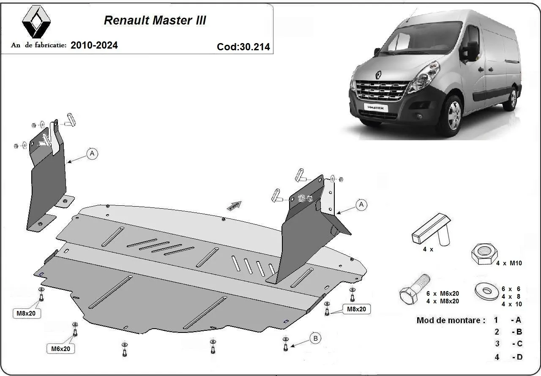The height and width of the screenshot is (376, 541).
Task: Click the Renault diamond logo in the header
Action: point(36,22)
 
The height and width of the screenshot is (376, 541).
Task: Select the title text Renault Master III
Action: point(155,20)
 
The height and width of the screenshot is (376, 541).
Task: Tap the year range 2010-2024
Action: point(94,45)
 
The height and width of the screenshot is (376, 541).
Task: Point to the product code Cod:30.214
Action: point(243,47)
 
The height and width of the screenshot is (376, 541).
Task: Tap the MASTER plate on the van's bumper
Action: point(375,108)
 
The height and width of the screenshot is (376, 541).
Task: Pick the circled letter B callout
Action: point(315,338)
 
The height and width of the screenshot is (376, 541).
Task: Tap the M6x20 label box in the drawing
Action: point(61,349)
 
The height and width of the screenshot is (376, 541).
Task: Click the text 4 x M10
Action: point(509,263)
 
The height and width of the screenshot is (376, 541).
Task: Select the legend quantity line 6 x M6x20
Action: point(443,293)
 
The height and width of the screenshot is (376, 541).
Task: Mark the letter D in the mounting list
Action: point(519,357)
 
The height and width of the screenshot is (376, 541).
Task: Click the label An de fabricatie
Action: point(39,45)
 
